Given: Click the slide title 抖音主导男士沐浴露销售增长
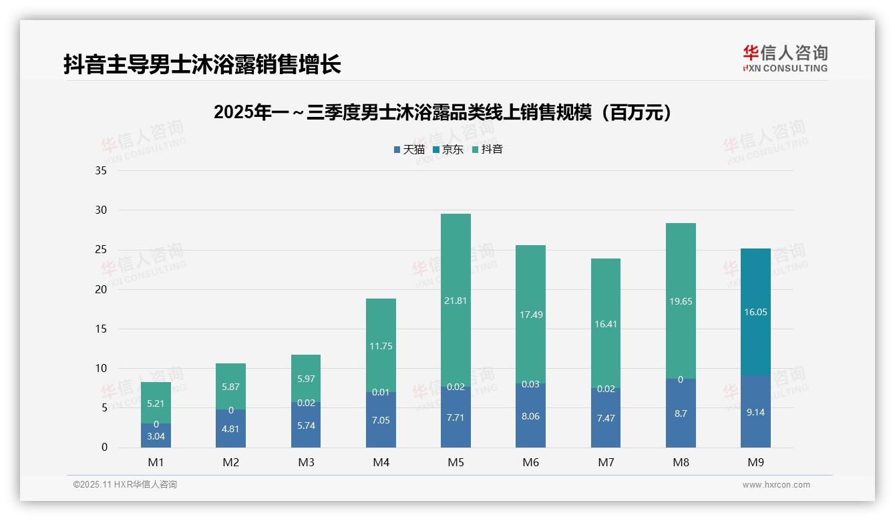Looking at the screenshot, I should [202, 64].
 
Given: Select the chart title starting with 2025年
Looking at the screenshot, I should [442, 112].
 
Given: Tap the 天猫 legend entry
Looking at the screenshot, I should [409, 150].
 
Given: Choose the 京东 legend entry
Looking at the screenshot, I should [448, 150].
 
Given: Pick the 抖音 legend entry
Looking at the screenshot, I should [488, 150].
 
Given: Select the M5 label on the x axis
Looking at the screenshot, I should [456, 462].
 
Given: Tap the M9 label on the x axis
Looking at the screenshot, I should [755, 462].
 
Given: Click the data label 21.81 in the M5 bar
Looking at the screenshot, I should [456, 301].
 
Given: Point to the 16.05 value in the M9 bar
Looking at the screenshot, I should [755, 312].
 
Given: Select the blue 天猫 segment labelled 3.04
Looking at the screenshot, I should [156, 436].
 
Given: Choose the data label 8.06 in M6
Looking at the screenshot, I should [530, 416].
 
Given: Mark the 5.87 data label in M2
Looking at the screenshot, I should [230, 387].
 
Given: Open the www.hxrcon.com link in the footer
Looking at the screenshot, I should [776, 485].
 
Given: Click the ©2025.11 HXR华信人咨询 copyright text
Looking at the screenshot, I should [125, 485].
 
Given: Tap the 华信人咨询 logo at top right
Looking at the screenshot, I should [785, 58].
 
